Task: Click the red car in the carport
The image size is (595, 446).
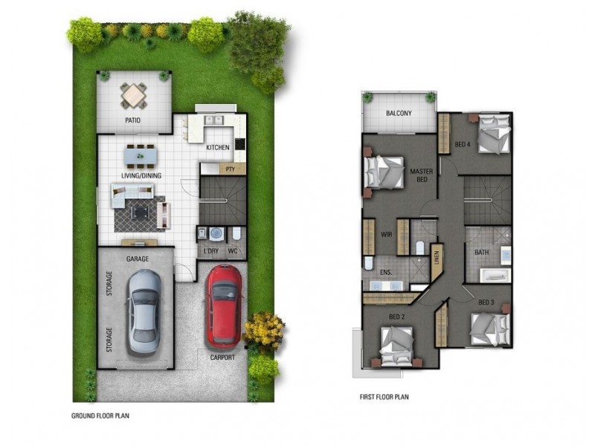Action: pyautogui.click(x=224, y=306)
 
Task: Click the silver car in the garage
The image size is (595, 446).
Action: pyautogui.click(x=143, y=311)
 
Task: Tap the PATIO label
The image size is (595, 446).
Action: pyautogui.click(x=134, y=120)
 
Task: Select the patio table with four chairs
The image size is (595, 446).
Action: pyautogui.click(x=134, y=94)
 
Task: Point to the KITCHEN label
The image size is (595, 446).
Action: pyautogui.click(x=218, y=148)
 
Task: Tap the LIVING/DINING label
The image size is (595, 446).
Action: pyautogui.click(x=142, y=175)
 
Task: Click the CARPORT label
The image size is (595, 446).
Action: pyautogui.click(x=222, y=358)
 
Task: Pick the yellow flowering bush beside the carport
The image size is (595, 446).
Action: pyautogui.click(x=263, y=329)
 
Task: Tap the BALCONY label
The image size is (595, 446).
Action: pyautogui.click(x=399, y=114)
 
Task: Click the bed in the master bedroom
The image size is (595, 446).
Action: pyautogui.click(x=384, y=172)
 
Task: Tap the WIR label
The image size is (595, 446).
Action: pyautogui.click(x=385, y=234)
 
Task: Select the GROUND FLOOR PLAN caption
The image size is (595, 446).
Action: pyautogui.click(x=105, y=416)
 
